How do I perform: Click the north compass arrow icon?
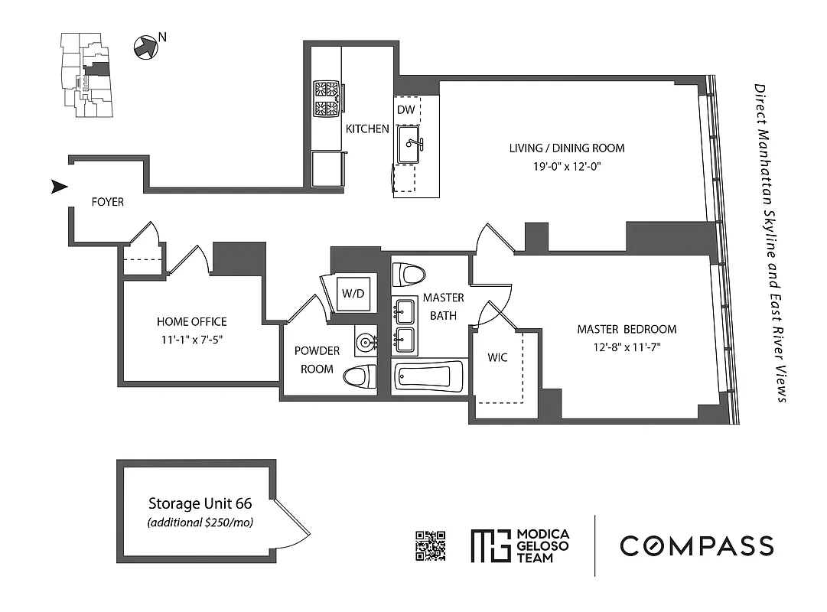(145, 47)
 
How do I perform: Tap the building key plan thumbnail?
(86, 76)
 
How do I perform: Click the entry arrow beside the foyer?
(59, 187)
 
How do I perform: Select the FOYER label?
(107, 203)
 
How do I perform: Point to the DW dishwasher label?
(405, 110)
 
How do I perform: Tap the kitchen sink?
(408, 145)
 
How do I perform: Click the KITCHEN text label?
(367, 129)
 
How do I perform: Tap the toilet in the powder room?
(359, 376)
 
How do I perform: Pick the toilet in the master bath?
(408, 275)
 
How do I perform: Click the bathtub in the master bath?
(428, 376)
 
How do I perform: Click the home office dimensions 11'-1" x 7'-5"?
(192, 337)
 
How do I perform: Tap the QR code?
(430, 546)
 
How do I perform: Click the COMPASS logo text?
(696, 546)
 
